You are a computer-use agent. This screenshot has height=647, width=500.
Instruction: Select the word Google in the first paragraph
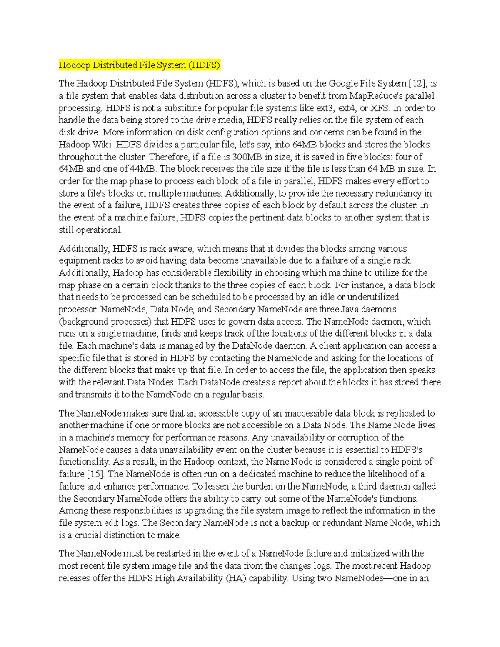343,84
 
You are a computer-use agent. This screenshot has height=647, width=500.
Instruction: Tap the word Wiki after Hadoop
102,145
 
